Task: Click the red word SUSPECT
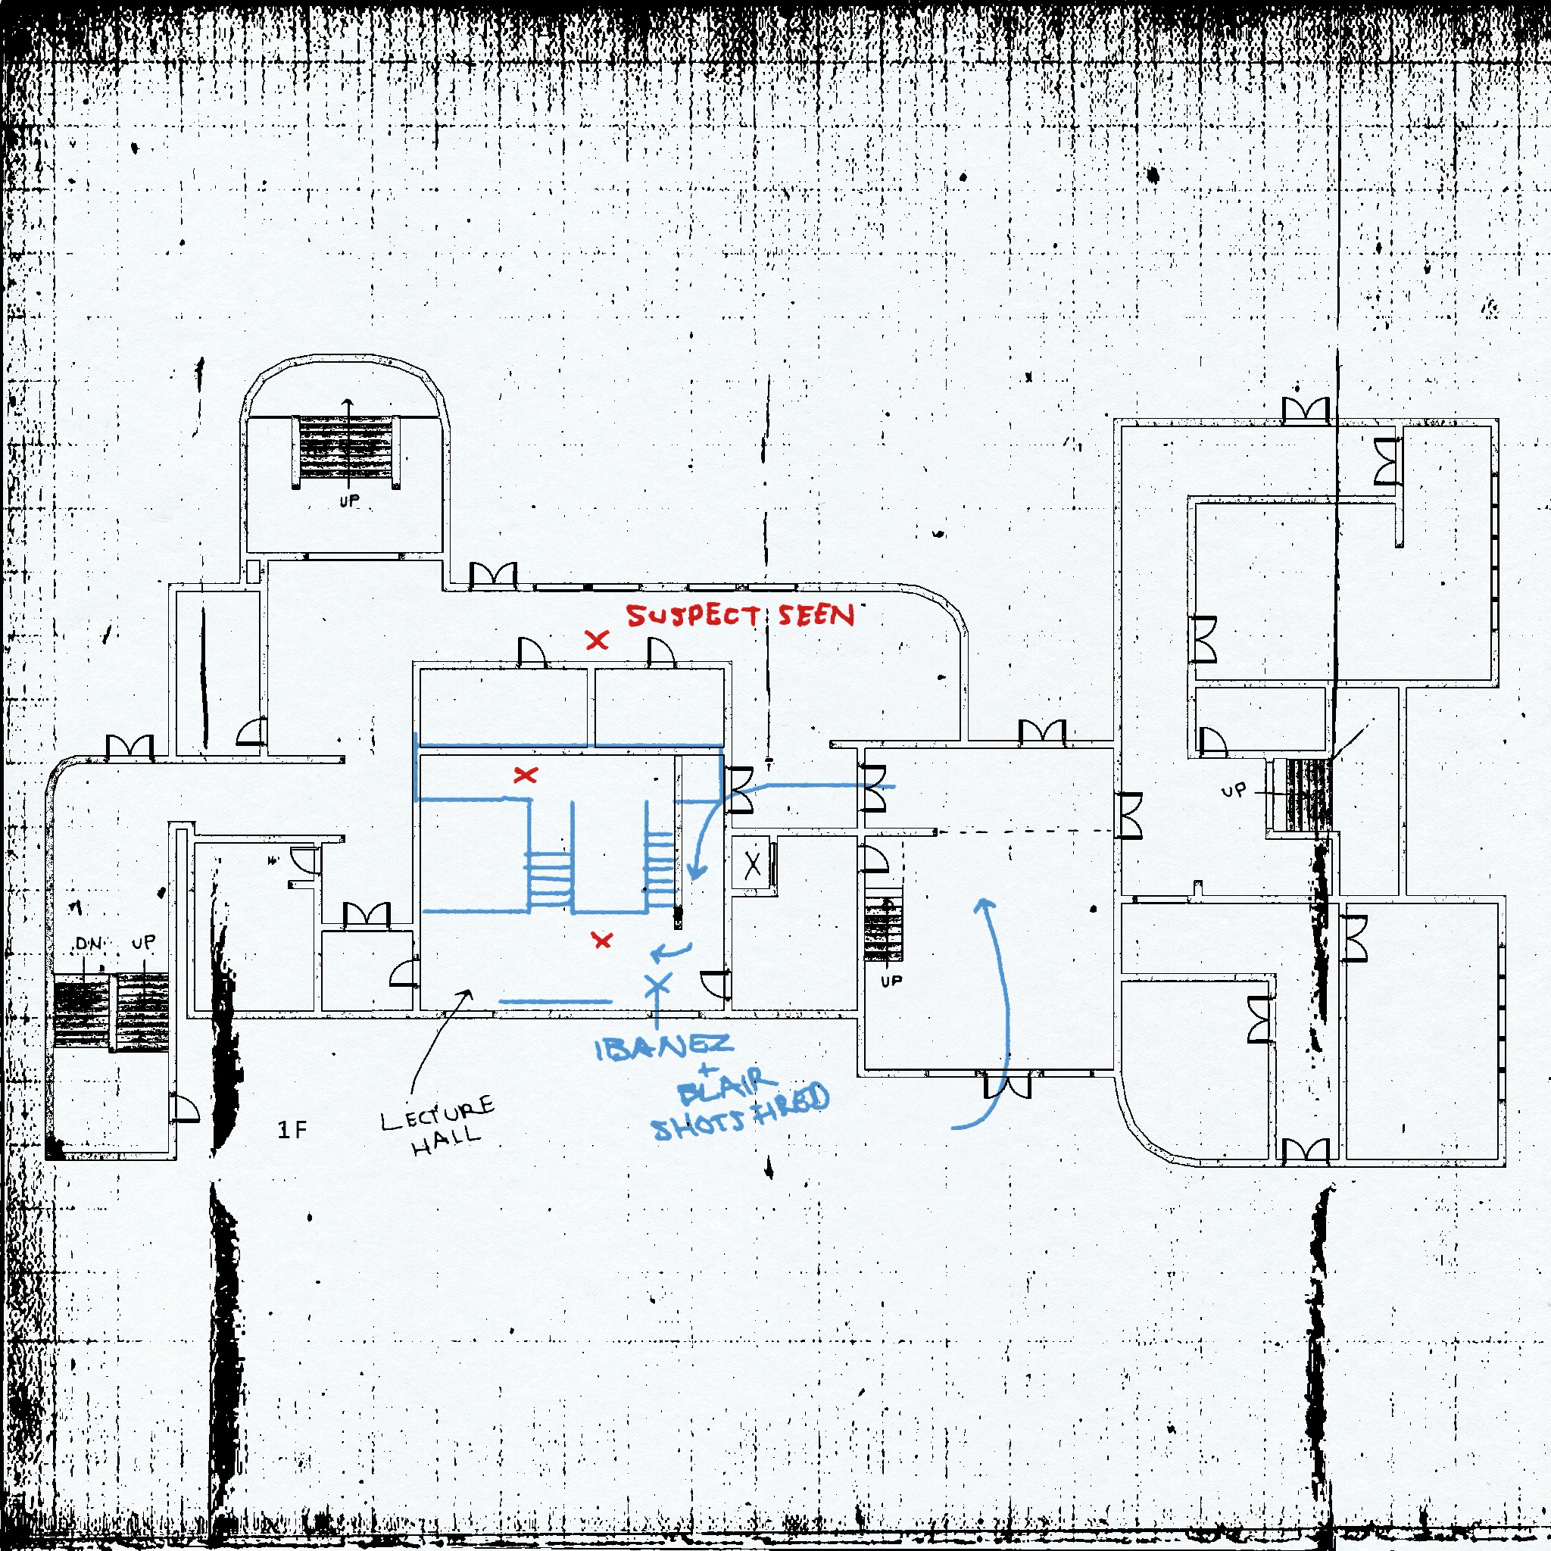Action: [692, 616]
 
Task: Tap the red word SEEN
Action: [816, 615]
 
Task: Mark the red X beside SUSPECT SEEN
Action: [597, 640]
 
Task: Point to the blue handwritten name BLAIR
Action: [726, 1087]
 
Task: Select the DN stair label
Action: [89, 944]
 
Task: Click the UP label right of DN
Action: [144, 941]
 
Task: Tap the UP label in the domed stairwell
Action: [349, 501]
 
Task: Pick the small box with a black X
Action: [752, 865]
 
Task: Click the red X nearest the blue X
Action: [601, 939]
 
